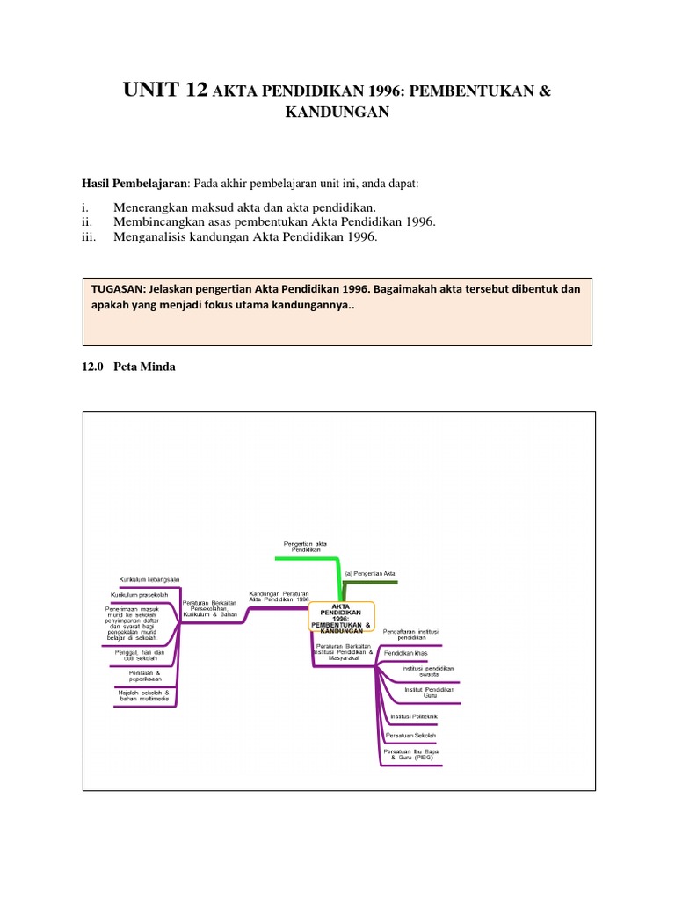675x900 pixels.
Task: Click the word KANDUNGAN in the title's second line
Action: click(337, 113)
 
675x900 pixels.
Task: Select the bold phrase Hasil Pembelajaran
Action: click(134, 183)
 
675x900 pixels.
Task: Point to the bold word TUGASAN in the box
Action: click(119, 288)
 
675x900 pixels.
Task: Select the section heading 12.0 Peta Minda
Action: click(128, 367)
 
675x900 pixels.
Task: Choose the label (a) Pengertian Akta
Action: click(370, 573)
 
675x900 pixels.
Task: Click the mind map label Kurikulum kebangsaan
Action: click(149, 579)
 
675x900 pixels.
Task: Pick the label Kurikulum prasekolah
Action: click(145, 595)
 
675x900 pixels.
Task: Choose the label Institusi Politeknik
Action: click(413, 716)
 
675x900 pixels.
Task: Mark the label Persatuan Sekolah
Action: click(411, 734)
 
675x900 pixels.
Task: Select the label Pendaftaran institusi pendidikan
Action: click(411, 635)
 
